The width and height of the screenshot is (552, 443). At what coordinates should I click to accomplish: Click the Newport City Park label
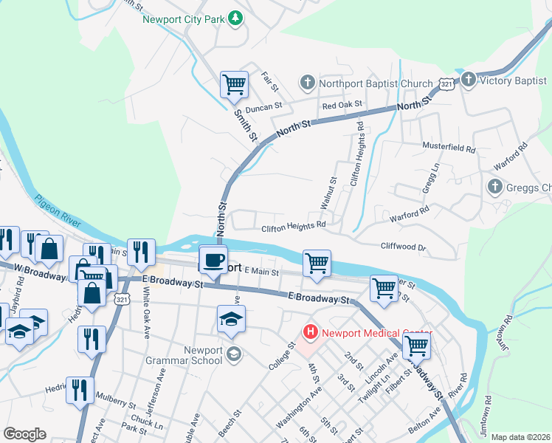click(x=182, y=18)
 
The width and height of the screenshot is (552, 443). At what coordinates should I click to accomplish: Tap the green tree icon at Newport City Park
click(x=235, y=18)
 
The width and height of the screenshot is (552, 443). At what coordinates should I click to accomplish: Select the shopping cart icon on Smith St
click(x=234, y=84)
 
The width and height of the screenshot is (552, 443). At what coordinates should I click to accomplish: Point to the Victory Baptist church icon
click(x=467, y=79)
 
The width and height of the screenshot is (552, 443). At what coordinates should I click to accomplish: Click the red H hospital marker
click(x=310, y=332)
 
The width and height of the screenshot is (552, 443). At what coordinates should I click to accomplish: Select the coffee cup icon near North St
click(x=213, y=260)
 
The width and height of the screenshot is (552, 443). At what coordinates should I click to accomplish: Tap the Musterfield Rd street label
click(x=449, y=148)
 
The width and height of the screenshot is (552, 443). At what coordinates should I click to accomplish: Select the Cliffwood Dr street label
click(x=403, y=247)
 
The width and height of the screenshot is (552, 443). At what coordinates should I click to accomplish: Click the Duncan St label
click(x=264, y=107)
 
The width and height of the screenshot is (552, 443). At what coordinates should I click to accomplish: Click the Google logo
click(x=24, y=434)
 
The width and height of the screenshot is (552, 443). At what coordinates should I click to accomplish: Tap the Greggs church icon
click(x=494, y=187)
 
